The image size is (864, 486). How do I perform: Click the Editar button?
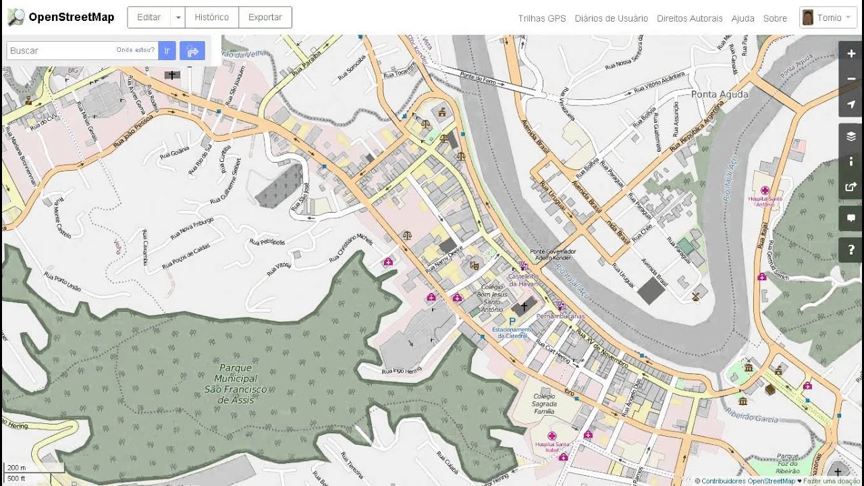(x=148, y=18)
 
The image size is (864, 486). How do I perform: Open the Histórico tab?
(x=211, y=18)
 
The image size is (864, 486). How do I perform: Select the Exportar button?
(x=265, y=18)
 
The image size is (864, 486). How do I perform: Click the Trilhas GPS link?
(x=542, y=18)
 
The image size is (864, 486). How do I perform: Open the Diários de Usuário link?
(x=611, y=18)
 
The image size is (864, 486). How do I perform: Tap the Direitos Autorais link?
(x=689, y=18)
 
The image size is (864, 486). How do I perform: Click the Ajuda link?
(x=742, y=18)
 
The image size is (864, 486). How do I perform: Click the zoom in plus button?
(x=851, y=53)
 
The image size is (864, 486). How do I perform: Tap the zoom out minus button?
(x=851, y=79)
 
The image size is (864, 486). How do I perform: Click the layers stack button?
(x=851, y=136)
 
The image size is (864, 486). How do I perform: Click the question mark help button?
(x=851, y=250)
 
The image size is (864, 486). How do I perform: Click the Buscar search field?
(x=61, y=51)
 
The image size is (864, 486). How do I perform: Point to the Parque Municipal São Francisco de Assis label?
(x=236, y=384)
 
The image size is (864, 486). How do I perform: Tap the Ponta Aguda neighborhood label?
(x=720, y=94)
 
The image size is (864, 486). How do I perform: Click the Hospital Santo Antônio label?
(x=765, y=200)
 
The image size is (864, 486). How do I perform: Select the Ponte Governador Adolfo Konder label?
(x=553, y=254)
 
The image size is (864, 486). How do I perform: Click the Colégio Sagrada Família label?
(x=544, y=404)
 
